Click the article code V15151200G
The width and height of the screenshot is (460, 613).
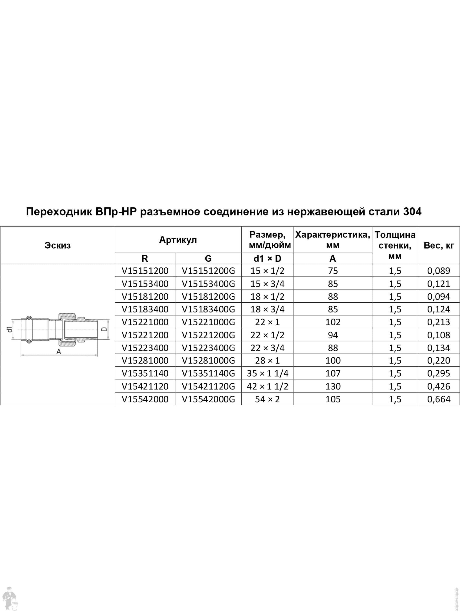pos(208,271)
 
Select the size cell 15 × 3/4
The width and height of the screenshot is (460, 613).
pos(267,284)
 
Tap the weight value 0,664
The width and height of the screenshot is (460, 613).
pos(439,399)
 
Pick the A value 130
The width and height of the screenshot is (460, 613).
pos(333,386)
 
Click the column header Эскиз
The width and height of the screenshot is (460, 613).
pos(58,245)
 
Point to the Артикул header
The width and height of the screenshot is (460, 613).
pos(178,240)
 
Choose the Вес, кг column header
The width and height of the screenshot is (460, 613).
pos(439,245)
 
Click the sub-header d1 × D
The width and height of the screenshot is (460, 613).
pos(267,258)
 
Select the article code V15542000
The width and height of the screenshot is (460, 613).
pos(145,399)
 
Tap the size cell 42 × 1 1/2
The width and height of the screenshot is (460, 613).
pos(267,386)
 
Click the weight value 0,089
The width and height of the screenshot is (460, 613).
pos(439,271)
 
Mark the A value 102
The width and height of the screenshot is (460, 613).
pos(333,322)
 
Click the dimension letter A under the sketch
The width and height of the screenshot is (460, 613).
pos(58,352)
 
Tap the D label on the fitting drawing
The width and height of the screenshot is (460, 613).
pos(104,329)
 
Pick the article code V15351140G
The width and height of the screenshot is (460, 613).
pos(208,374)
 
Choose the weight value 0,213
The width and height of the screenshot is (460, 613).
pos(439,322)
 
